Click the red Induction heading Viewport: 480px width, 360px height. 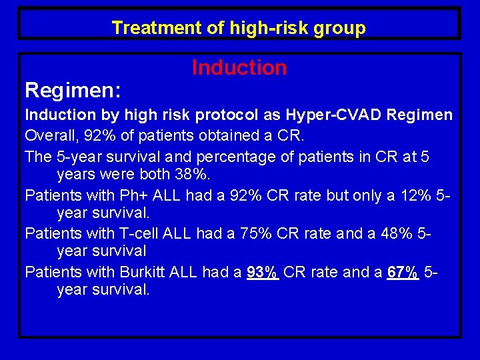239,67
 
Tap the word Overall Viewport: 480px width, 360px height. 49,135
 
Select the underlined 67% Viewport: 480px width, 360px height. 403,272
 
